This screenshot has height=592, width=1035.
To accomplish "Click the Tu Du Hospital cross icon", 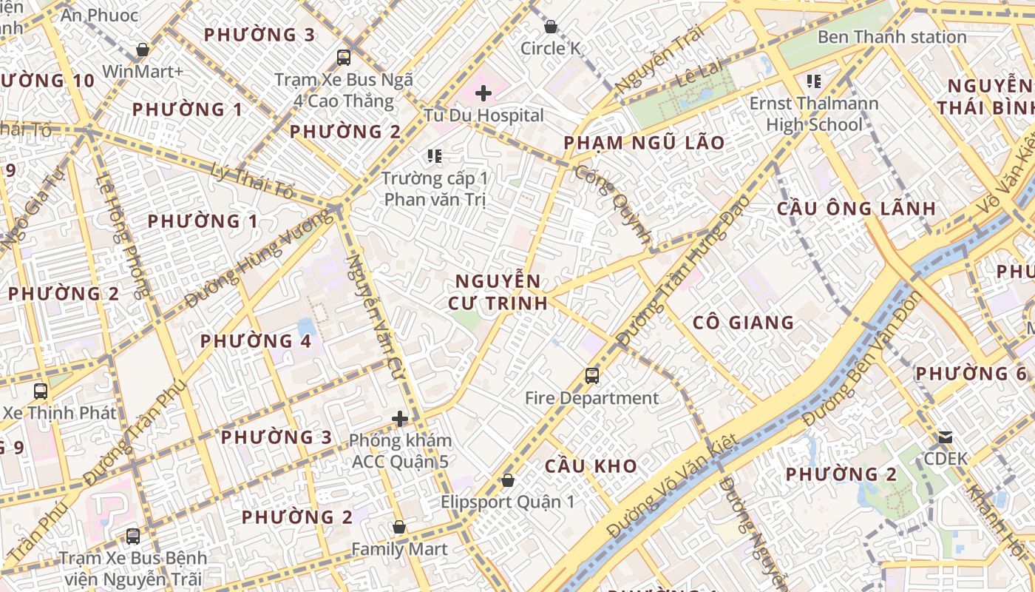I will [483, 93].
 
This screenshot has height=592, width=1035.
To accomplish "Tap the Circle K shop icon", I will [551, 27].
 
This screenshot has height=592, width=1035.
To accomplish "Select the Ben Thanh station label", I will [892, 37].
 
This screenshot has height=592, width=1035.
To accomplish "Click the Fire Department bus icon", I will [592, 375].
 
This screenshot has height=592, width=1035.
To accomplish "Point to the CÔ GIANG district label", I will [744, 323].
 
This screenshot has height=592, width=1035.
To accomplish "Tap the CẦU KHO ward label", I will [591, 466].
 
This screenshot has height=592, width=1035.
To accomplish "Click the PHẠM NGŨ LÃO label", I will [644, 143].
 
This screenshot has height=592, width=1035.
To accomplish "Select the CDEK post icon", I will [946, 437].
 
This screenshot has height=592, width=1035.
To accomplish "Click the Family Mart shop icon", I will [399, 527].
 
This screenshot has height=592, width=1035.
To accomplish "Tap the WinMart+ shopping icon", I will [143, 50].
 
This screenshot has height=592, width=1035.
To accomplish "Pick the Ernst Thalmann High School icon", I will [814, 81].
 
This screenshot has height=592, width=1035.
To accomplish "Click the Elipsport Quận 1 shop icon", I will [507, 480].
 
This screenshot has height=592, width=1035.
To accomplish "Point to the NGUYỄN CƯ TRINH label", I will [498, 292].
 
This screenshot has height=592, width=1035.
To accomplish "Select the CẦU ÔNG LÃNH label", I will [856, 209].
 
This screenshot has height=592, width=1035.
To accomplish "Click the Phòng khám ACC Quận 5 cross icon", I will [400, 420].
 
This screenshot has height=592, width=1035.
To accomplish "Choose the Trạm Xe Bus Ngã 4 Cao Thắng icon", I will [344, 57].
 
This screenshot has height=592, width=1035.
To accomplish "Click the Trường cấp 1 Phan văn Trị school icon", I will [435, 155].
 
